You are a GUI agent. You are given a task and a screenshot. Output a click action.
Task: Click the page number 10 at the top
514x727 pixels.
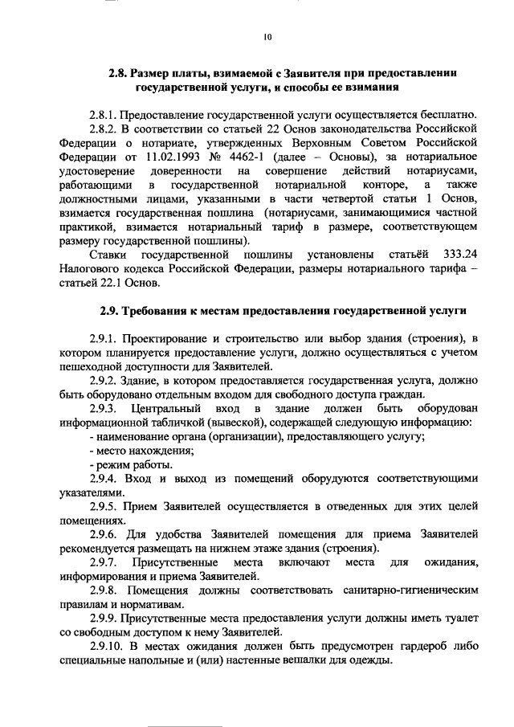click(267, 35)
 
